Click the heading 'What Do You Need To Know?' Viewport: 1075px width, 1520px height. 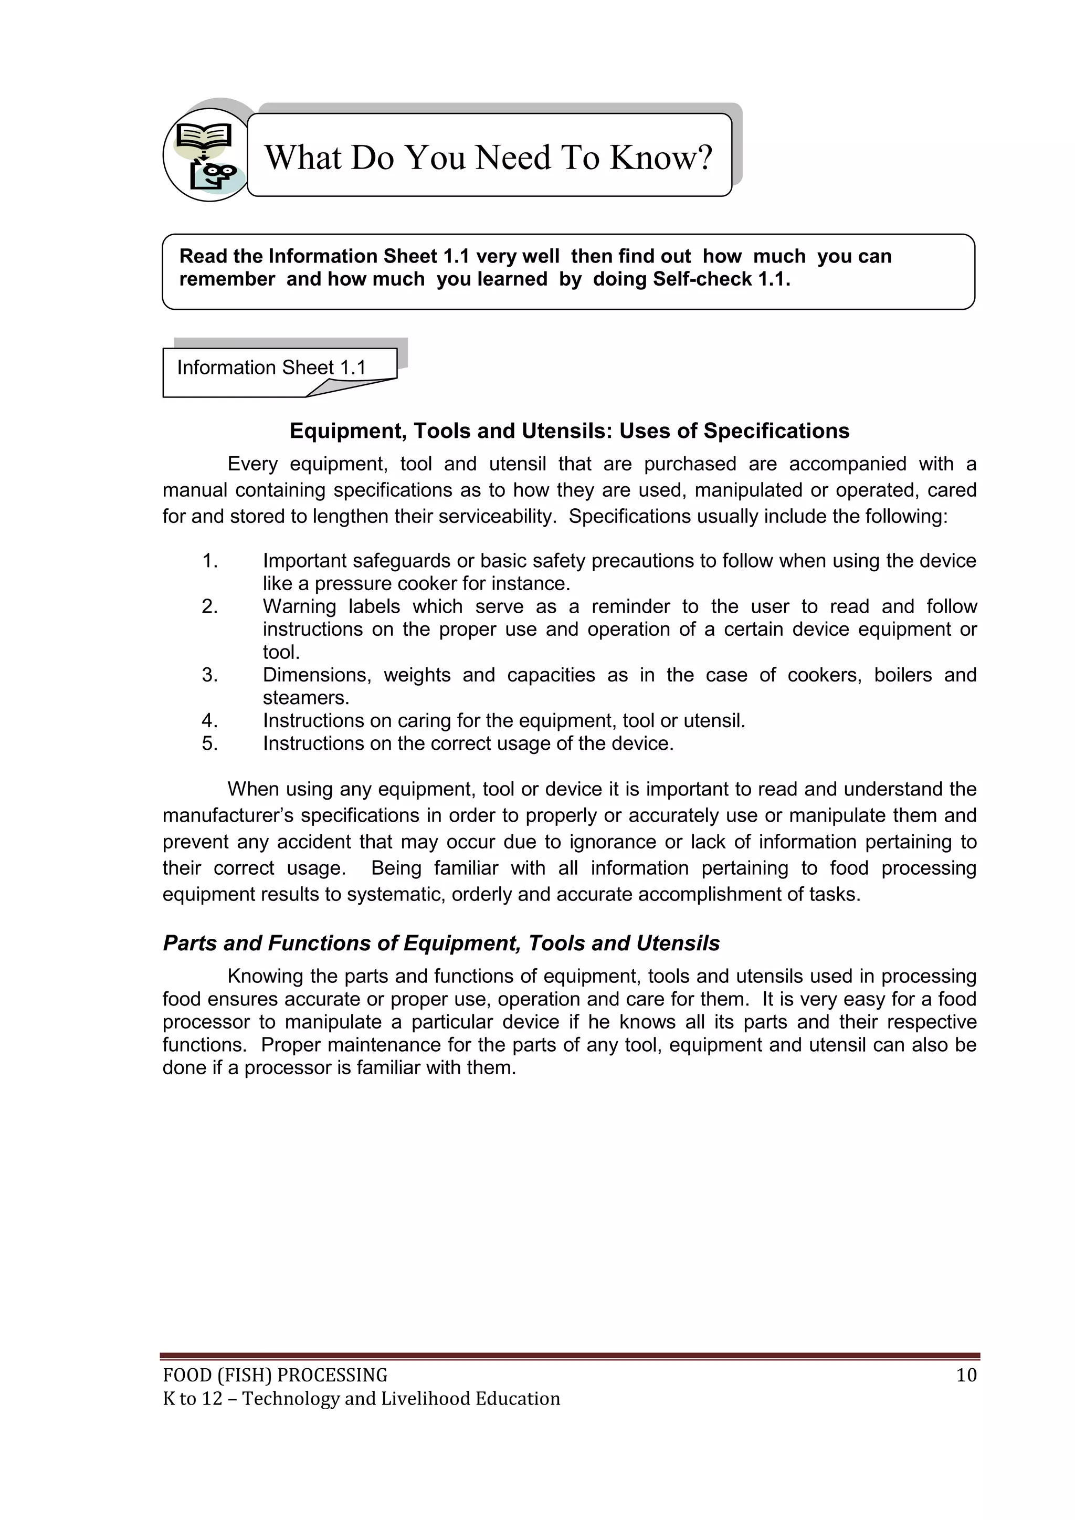point(489,157)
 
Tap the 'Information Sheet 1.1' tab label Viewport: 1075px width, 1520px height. point(271,368)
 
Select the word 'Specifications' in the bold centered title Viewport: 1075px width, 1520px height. point(776,431)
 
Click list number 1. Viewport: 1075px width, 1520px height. point(210,561)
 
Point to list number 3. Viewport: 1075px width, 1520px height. point(210,675)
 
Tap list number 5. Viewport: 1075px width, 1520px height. point(210,743)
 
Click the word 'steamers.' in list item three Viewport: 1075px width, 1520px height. point(306,698)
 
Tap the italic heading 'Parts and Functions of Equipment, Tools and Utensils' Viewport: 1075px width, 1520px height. point(441,944)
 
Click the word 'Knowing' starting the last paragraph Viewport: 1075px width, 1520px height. point(261,977)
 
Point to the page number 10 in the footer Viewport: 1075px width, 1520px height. point(966,1376)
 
